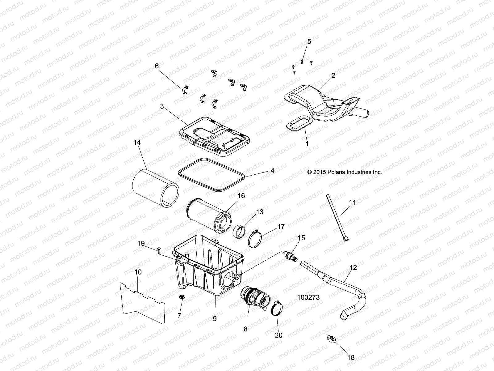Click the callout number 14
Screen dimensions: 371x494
(137, 143)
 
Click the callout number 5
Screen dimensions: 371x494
(309, 42)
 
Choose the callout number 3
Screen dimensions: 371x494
(162, 106)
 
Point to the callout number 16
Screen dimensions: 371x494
(241, 196)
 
